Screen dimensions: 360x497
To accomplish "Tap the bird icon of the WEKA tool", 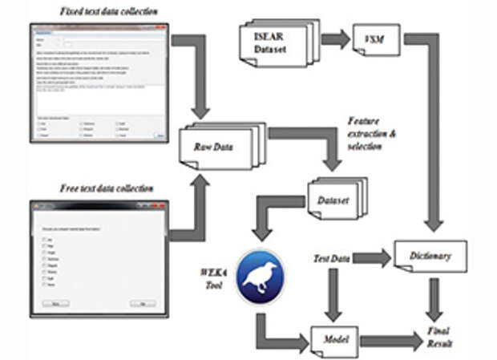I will (x=260, y=277).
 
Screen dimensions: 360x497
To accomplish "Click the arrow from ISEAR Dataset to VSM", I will (x=335, y=38).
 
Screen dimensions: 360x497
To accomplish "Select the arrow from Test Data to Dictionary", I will (x=372, y=257).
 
